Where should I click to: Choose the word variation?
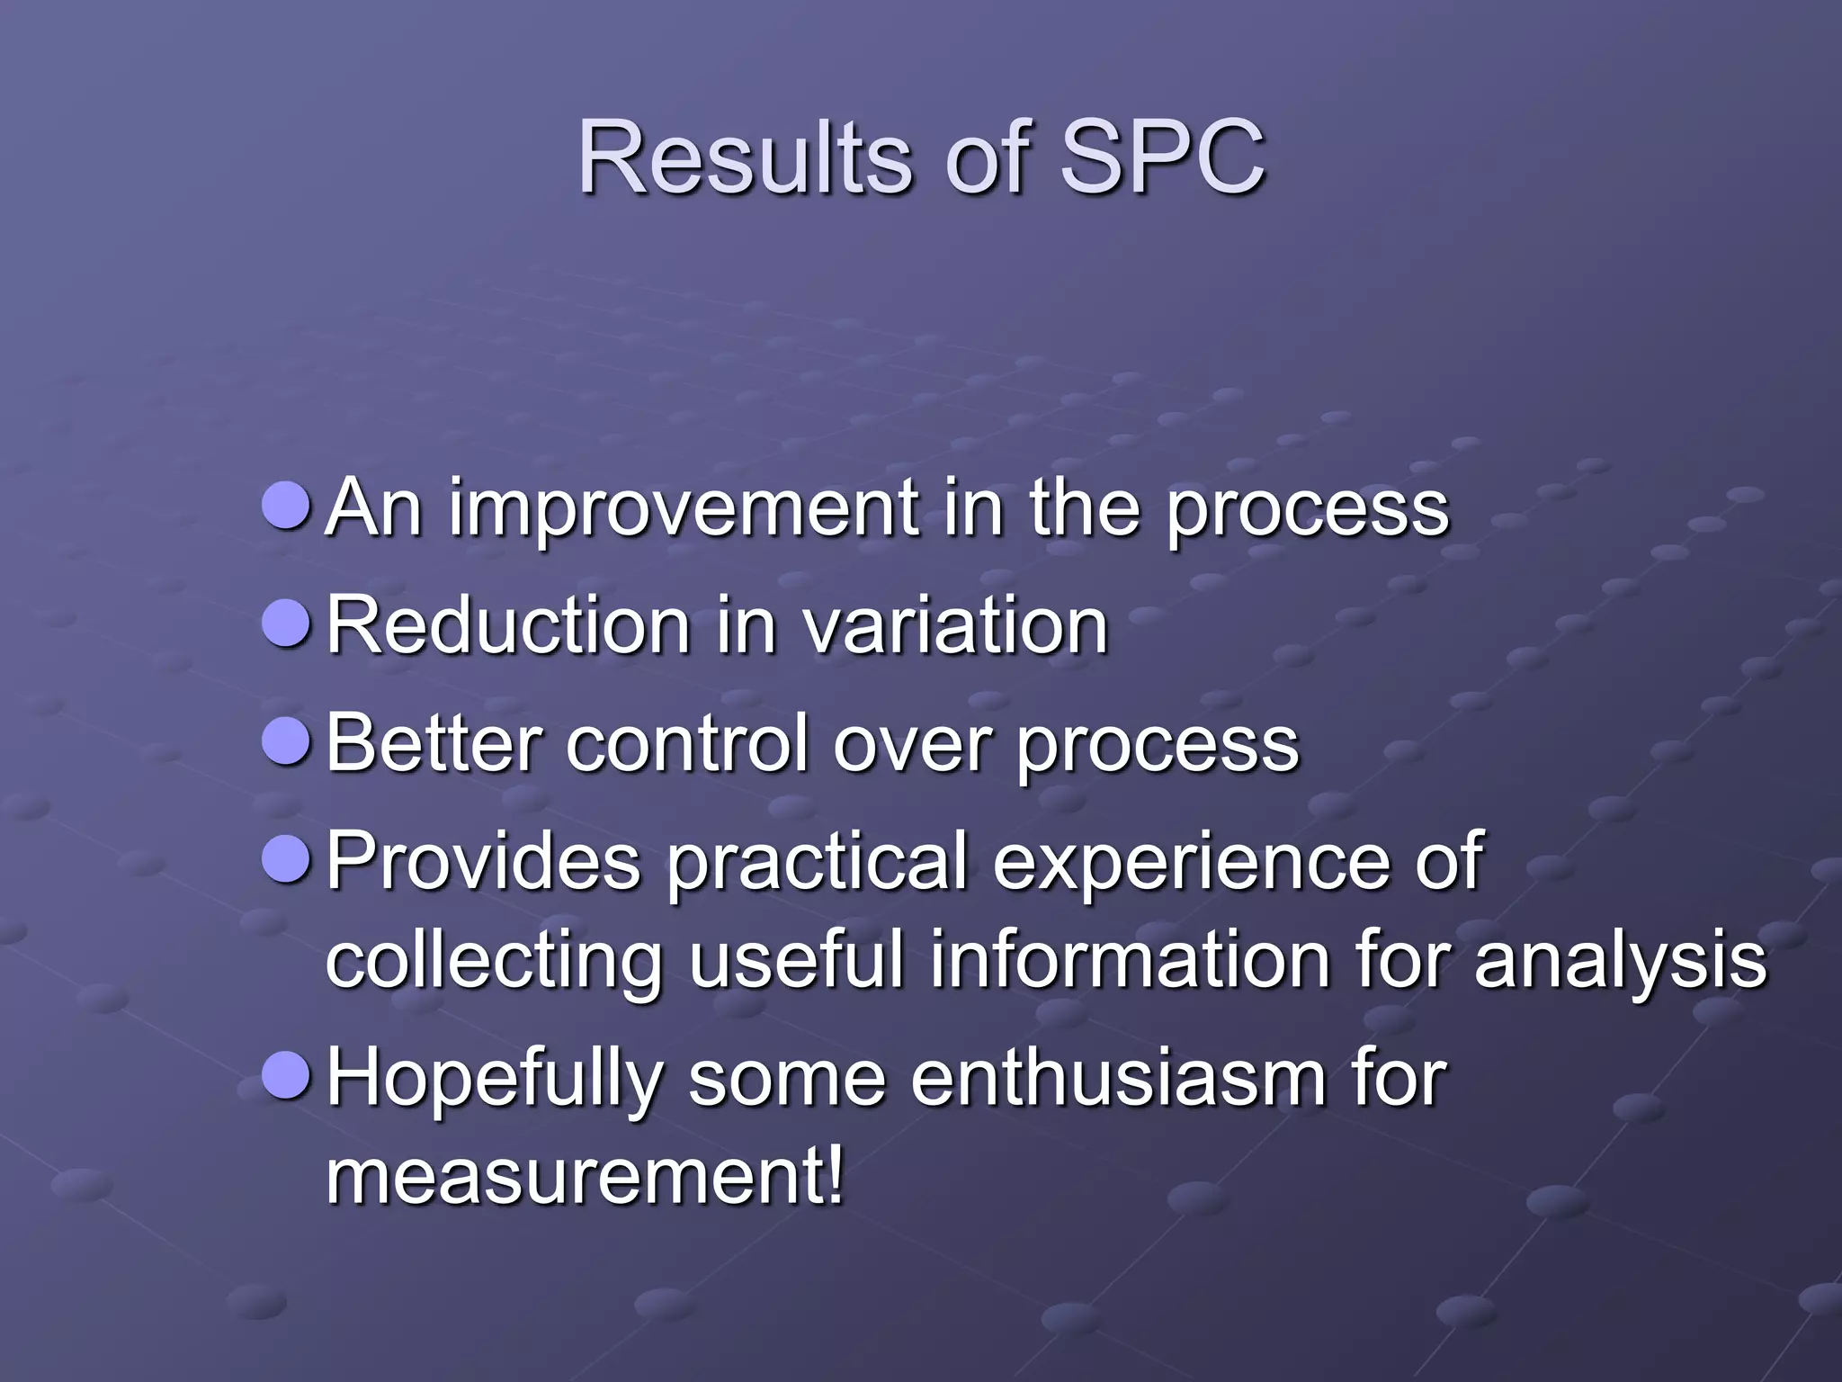[x=955, y=625]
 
